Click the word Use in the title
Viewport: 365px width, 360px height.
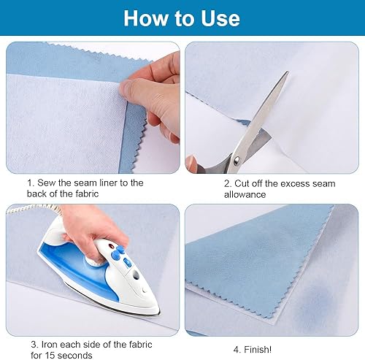click(x=220, y=18)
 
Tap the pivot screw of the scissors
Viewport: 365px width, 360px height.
click(x=237, y=160)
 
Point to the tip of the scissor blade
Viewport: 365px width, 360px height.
click(x=288, y=72)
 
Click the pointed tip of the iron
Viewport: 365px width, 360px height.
click(x=159, y=314)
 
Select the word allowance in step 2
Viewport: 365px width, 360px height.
click(x=245, y=194)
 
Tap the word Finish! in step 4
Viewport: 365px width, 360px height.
click(x=258, y=350)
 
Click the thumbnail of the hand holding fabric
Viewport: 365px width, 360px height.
click(x=93, y=107)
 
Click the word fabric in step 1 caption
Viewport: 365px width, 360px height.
click(x=87, y=194)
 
